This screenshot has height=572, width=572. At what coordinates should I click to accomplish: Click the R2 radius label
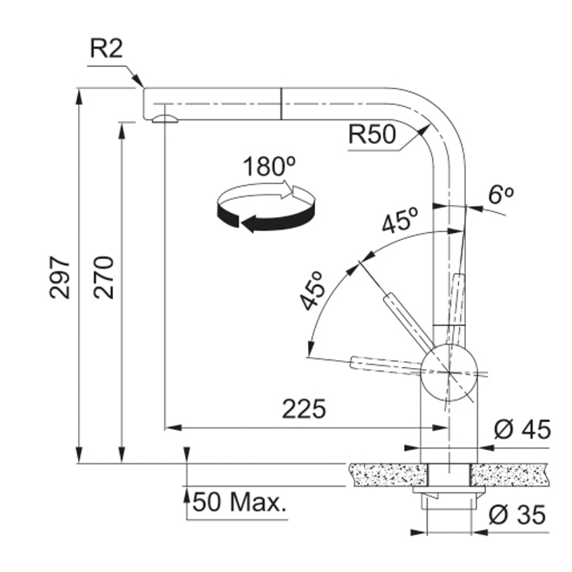point(106,49)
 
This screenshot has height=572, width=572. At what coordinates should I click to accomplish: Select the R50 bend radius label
point(372,134)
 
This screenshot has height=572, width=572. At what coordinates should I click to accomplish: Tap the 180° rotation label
point(269,166)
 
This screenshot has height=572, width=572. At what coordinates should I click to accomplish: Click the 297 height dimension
point(60,277)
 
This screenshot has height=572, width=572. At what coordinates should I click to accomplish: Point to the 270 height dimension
point(104,277)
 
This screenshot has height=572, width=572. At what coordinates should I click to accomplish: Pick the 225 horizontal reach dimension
point(304,409)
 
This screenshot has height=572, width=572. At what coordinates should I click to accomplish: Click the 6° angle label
point(501,195)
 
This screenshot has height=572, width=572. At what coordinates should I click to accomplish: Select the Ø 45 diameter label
point(522,430)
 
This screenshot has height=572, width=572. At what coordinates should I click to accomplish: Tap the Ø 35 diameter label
point(517,515)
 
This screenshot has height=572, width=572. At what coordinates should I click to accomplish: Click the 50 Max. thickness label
point(239,502)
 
